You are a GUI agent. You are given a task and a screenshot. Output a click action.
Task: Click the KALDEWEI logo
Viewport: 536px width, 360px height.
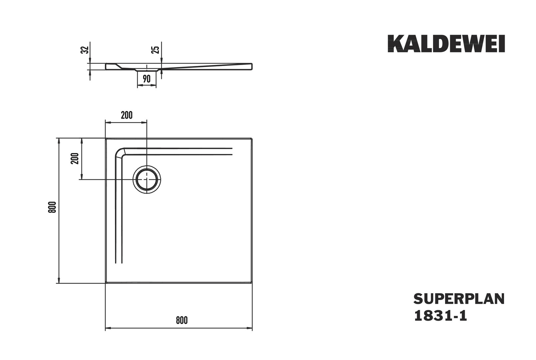click(x=446, y=44)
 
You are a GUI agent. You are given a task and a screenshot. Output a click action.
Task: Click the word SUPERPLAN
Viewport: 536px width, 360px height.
click(x=459, y=299)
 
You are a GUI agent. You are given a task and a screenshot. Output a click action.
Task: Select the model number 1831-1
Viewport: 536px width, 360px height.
click(x=440, y=316)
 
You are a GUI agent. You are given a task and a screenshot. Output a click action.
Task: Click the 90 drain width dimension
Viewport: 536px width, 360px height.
click(x=147, y=79)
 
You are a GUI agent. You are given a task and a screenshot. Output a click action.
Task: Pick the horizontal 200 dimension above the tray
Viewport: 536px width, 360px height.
click(x=127, y=115)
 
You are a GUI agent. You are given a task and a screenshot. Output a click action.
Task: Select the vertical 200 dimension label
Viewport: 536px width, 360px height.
click(x=75, y=158)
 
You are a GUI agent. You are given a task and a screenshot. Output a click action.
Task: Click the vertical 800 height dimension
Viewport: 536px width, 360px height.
click(x=52, y=207)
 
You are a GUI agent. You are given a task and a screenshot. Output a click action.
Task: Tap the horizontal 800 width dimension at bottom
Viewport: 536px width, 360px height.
click(x=182, y=321)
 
